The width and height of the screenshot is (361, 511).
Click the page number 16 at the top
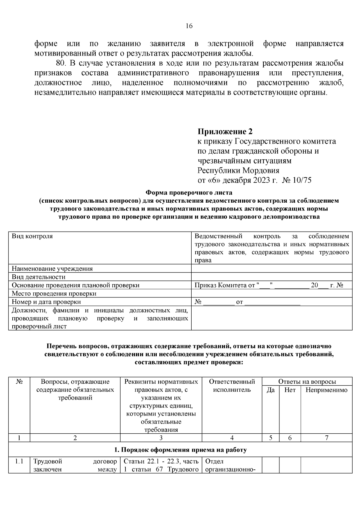(x=189, y=26)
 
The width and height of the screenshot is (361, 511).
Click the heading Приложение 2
(x=225, y=132)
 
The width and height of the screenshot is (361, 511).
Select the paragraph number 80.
(x=60, y=63)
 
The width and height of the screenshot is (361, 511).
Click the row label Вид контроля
(x=32, y=236)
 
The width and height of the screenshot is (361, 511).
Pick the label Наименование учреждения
(x=52, y=269)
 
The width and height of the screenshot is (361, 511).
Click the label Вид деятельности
(x=39, y=277)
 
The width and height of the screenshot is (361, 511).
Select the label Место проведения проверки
(x=54, y=293)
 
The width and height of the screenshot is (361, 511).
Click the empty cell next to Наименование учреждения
(x=271, y=269)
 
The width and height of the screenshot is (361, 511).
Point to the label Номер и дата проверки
(x=46, y=302)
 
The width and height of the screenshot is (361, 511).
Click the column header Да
(x=270, y=390)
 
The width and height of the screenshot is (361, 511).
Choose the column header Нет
(x=290, y=390)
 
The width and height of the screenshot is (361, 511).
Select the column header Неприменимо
(x=326, y=390)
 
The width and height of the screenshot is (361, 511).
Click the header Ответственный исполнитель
(x=232, y=386)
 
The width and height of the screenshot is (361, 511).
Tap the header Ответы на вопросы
(x=307, y=382)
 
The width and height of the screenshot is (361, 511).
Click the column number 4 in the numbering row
(x=232, y=438)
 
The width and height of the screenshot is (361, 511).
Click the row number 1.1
(x=19, y=461)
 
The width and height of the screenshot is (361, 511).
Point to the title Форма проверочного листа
(x=189, y=192)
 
